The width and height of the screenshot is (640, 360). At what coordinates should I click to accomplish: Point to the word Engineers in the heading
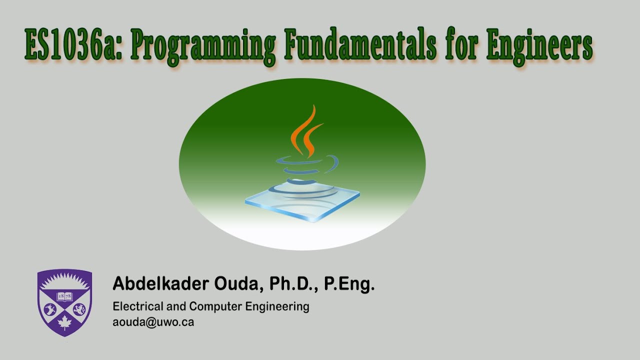(x=539, y=47)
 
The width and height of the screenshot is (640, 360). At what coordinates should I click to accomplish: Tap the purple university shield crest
(x=64, y=302)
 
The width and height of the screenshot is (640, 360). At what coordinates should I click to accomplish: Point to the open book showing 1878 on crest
(x=64, y=295)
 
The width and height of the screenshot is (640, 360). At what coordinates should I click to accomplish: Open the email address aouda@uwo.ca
(x=153, y=322)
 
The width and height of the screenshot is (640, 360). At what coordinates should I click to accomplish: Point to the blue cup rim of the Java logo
(x=307, y=162)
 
